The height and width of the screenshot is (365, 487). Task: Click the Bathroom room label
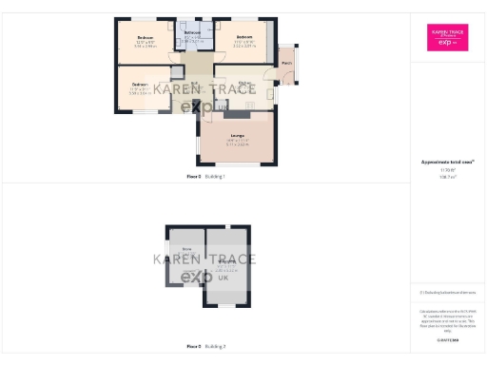coord(191,32)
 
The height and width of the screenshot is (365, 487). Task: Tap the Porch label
coord(286,64)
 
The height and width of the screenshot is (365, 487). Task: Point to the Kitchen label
coord(244,84)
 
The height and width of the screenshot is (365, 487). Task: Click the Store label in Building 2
coord(174,249)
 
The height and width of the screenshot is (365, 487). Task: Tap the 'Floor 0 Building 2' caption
coord(205,346)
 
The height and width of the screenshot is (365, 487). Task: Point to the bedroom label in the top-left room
coord(145,38)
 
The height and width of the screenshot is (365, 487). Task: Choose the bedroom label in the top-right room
coord(244,38)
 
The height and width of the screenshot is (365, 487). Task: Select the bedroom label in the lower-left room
coord(139,85)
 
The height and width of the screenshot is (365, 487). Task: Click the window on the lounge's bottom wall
coord(238,164)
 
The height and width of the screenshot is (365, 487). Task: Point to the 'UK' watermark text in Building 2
coord(223,278)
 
